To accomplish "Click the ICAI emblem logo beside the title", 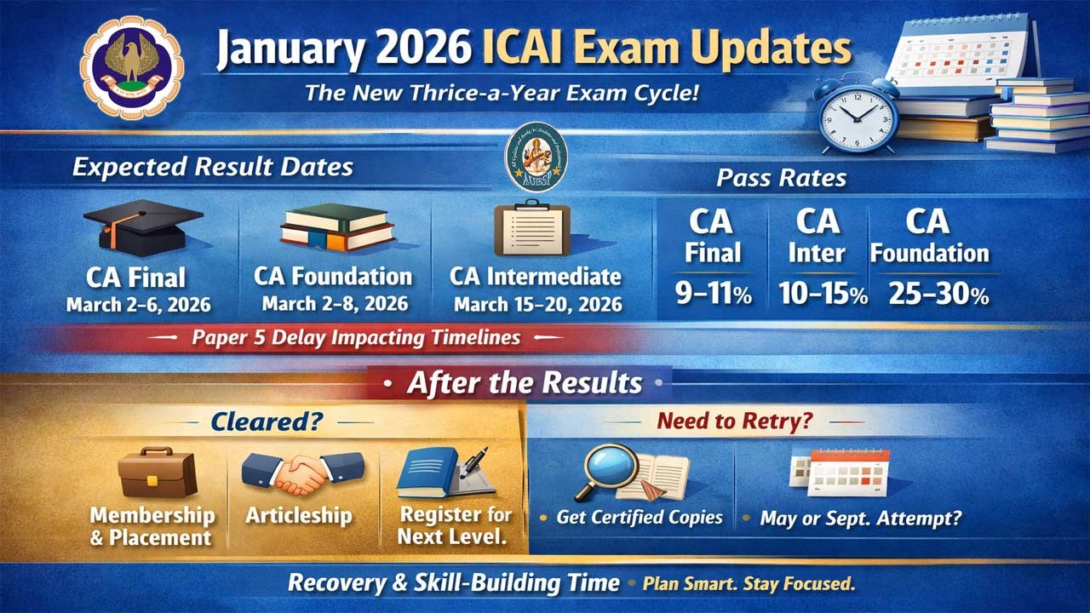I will (131, 67).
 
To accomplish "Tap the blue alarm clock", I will (858, 112).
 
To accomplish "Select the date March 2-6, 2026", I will (139, 305).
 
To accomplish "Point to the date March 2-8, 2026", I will (335, 303).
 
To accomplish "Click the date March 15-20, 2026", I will (537, 304).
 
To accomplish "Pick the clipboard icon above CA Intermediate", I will (532, 228).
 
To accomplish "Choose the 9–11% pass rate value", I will (713, 295).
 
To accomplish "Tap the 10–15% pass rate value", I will (822, 295).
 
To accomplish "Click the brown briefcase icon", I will (158, 473).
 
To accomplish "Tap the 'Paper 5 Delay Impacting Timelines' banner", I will (356, 337).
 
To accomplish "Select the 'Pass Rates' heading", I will (781, 178).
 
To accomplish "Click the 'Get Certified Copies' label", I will (639, 517).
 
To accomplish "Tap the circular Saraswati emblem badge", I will (535, 157).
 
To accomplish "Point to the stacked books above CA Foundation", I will (337, 228).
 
